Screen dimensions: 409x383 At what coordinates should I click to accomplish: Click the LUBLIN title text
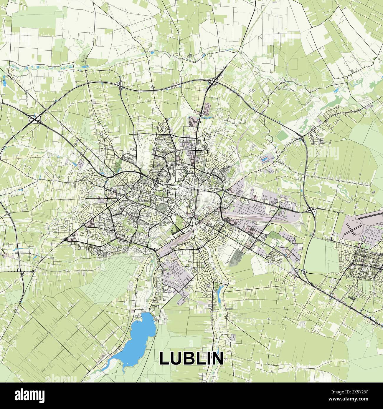191,358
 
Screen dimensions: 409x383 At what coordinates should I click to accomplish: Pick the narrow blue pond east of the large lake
220,291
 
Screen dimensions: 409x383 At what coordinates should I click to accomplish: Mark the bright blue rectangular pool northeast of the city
265,159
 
